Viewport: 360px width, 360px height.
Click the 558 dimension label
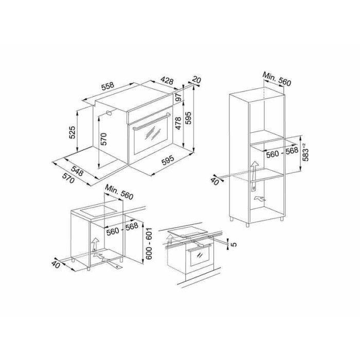coord(107,86)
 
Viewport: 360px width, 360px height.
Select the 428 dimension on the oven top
coord(167,81)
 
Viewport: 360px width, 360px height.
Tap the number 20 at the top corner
coord(196,80)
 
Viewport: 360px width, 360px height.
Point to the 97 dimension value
coord(178,96)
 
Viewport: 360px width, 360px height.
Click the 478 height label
coord(178,123)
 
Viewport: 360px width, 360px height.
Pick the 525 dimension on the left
coord(72,132)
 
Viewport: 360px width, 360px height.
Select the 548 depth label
coord(77,171)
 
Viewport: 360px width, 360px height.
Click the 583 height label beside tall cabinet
coord(305,152)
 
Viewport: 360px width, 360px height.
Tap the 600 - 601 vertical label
coord(149,244)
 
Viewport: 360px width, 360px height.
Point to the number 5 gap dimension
coord(233,244)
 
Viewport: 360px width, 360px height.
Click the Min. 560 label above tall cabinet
coord(277,79)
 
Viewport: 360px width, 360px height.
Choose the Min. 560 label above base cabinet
coord(119,192)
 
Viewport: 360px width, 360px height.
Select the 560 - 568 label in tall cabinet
coord(282,152)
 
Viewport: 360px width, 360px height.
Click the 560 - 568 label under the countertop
coord(122,229)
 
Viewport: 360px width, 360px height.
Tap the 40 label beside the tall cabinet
coord(215,181)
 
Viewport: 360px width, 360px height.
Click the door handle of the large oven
coord(152,121)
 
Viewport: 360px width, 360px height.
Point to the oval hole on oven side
coord(109,113)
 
